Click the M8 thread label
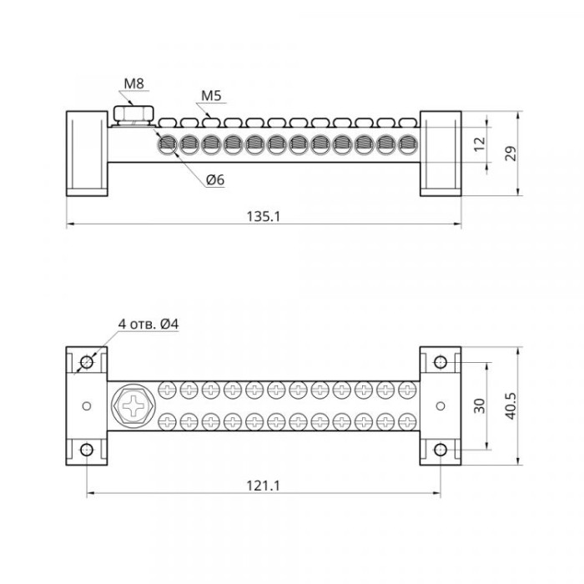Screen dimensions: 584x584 coord(133,83)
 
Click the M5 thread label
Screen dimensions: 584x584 coord(211,96)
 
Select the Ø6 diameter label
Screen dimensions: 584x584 coord(215,180)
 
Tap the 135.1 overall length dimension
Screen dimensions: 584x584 coord(263,216)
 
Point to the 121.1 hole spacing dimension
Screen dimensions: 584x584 coord(263,486)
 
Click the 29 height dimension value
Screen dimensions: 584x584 coord(511,154)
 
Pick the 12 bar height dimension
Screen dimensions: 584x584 coord(480,143)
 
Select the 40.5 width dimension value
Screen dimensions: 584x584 coord(511,406)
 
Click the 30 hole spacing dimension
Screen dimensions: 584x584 coord(480,406)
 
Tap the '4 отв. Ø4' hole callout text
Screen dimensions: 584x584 coord(149,324)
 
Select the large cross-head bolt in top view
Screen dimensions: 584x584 coord(133,406)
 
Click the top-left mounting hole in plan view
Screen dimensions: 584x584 coord(87,362)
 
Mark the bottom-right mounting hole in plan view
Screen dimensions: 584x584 coord(441,450)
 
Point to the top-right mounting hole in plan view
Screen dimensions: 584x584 coord(441,362)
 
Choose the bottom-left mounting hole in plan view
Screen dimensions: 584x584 coord(87,450)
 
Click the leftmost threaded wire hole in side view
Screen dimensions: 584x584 coord(167,144)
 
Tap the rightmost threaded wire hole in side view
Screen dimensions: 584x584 coord(407,144)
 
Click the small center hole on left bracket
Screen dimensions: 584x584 coord(87,406)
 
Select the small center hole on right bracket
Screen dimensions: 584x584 coord(441,406)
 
